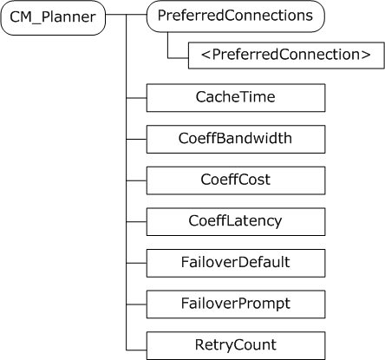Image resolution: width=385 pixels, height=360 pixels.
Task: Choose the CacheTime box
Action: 236,97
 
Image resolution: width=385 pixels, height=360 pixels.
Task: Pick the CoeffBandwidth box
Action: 236,139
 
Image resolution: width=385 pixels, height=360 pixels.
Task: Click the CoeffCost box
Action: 236,180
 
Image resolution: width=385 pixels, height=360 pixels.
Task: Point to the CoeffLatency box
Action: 236,221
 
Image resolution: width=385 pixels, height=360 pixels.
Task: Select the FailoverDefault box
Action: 236,262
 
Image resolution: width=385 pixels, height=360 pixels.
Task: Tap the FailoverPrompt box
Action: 236,304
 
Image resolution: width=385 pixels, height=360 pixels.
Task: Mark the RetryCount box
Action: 236,345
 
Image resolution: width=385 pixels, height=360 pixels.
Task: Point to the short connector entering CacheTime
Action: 137,97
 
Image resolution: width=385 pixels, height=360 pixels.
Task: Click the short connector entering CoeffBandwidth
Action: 137,139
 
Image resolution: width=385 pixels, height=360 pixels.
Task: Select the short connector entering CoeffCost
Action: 137,180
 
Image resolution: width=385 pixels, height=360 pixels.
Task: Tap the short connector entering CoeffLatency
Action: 137,221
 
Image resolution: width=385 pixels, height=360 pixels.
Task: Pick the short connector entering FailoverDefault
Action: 137,262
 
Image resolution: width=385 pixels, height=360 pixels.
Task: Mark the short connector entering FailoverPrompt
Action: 137,304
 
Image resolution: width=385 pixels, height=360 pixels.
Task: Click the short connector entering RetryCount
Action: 137,345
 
